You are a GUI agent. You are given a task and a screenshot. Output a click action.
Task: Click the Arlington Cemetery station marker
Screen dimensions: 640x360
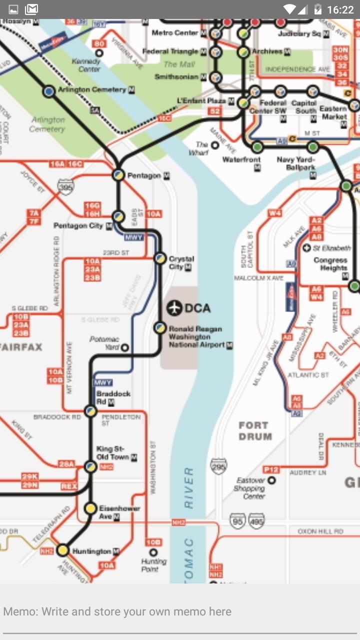tap(49, 91)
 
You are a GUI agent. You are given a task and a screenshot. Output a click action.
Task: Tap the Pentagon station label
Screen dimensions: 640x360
tap(144, 175)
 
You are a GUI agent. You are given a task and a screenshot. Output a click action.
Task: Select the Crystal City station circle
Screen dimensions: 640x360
tap(160, 258)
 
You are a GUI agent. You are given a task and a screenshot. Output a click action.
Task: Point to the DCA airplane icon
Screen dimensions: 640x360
tap(174, 308)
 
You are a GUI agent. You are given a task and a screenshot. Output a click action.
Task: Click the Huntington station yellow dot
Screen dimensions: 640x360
tap(62, 550)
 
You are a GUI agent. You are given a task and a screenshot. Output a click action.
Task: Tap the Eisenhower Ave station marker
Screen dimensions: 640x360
tap(90, 508)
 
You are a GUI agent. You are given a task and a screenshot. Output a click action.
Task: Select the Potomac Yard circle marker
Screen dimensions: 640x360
tap(125, 347)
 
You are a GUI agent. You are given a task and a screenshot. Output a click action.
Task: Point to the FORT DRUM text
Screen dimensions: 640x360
tap(255, 431)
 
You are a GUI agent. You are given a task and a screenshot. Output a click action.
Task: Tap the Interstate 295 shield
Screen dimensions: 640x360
tap(218, 466)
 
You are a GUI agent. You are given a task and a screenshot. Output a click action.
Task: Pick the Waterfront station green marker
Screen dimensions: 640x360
tap(257, 147)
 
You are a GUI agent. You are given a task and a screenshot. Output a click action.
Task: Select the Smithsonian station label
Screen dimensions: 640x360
tap(176, 77)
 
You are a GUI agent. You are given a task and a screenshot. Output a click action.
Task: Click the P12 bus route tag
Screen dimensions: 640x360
tap(271, 469)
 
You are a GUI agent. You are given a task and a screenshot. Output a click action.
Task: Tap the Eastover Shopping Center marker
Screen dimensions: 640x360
tap(271, 480)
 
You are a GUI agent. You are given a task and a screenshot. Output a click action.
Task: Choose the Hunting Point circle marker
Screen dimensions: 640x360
tap(153, 552)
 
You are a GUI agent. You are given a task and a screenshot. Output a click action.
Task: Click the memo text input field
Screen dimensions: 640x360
tap(180, 611)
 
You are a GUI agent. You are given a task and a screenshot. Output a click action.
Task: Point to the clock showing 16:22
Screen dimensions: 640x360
tap(340, 9)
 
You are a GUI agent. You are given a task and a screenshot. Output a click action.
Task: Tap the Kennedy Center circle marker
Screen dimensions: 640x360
tap(99, 53)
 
